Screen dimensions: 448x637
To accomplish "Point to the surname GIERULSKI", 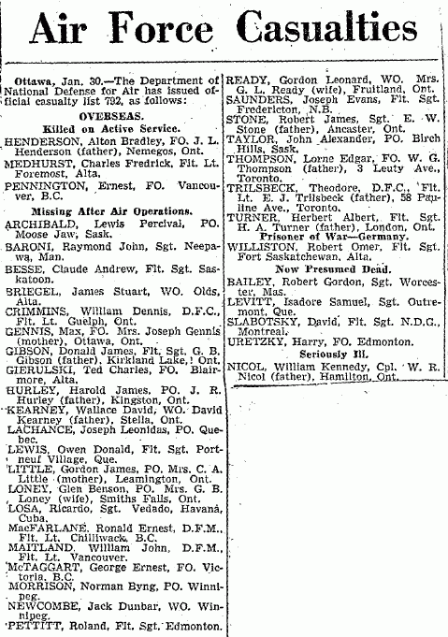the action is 37,343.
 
